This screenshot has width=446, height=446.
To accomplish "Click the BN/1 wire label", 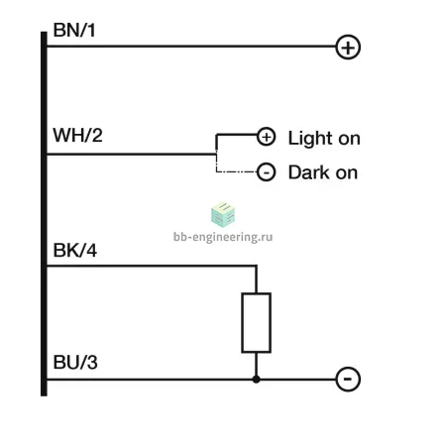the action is [74, 30].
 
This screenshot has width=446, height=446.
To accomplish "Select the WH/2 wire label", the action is [77, 135].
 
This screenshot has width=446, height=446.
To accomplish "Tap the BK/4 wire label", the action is [75, 250].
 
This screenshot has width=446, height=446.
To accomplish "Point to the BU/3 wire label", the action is [75, 362].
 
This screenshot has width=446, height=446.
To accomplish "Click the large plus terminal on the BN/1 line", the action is [348, 47].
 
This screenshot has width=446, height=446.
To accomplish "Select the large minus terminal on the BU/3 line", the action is [348, 379].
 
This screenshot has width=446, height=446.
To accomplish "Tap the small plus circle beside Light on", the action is [267, 136].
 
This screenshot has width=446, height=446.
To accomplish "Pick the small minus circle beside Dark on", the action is [266, 172].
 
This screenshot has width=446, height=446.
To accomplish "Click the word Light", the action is [310, 138].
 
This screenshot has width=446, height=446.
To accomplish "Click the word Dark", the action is [309, 172].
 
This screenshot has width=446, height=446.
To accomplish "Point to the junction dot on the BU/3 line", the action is [256, 380].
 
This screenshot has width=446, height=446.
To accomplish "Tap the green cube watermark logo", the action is [223, 215].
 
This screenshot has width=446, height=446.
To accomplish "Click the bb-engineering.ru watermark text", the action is [223, 237].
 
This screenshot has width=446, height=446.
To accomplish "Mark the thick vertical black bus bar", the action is [44, 214].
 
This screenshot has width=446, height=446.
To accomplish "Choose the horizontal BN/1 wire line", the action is [191, 47].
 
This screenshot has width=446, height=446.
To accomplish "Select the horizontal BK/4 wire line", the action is [152, 266].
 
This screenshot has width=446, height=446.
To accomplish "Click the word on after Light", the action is [349, 139].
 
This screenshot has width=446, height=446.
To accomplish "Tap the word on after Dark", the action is [347, 173].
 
